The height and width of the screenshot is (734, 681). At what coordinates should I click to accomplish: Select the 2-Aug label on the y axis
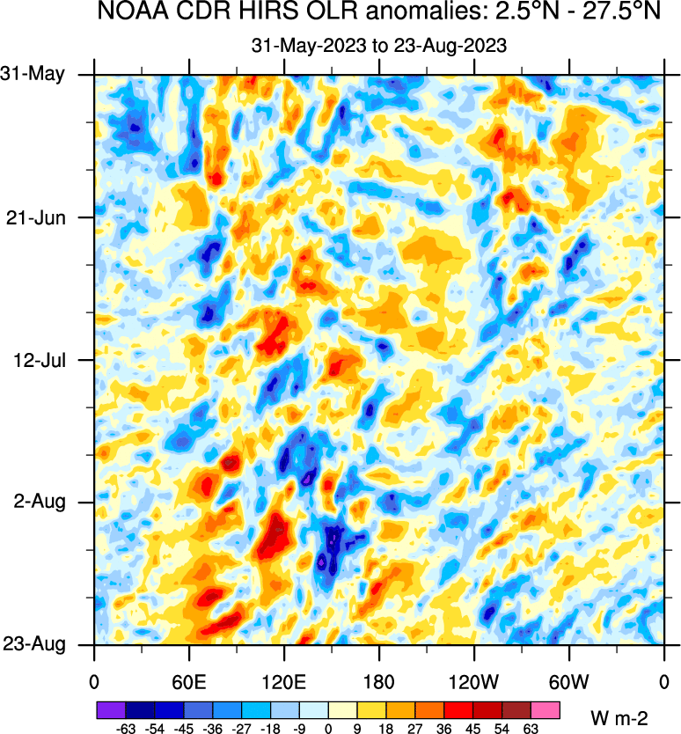pyautogui.click(x=43, y=503)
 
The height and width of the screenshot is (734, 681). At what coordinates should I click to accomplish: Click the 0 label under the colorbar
pyautogui.click(x=328, y=729)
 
